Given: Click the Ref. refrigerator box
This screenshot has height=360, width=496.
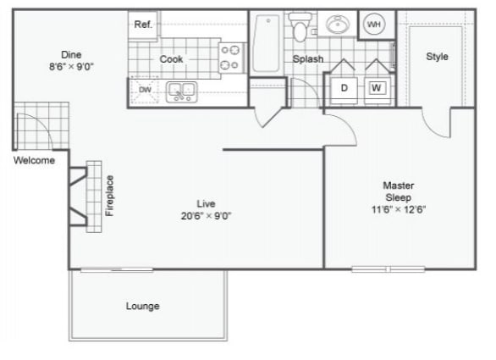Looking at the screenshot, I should (143, 25).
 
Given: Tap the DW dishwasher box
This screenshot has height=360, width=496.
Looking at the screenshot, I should (144, 89).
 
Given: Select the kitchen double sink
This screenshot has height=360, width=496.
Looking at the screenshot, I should (181, 90).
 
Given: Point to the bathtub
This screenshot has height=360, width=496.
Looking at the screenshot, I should (265, 43).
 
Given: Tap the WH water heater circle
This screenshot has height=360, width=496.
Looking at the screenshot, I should (373, 25).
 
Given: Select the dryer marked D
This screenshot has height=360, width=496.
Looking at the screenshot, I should (344, 86).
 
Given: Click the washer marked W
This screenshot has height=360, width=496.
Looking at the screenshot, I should (376, 86).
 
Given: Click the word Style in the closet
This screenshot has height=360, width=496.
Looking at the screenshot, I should (437, 57).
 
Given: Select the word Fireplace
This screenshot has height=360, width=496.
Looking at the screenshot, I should (109, 196).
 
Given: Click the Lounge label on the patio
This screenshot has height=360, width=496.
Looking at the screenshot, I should (142, 306).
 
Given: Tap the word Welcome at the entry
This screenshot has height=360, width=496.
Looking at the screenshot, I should (34, 160).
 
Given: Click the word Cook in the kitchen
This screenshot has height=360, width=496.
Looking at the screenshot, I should (173, 59).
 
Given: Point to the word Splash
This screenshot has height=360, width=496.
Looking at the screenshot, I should (308, 59).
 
